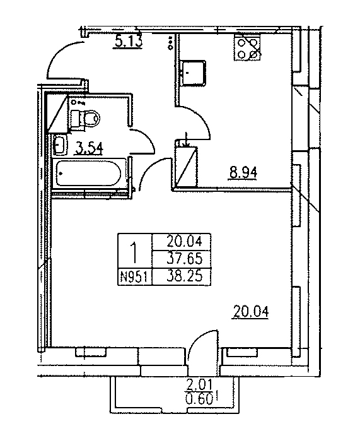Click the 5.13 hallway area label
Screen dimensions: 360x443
129,42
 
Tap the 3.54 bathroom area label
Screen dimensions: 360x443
89,148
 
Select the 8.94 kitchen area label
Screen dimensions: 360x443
243,172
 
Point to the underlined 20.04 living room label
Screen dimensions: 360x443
251,312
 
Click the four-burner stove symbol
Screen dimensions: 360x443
247,48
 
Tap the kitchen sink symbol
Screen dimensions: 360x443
194,73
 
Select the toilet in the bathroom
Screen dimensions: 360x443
84,118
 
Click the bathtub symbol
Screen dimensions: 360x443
89,173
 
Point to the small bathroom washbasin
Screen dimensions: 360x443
60,145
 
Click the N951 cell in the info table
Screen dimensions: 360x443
134,277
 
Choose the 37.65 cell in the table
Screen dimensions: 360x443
185,259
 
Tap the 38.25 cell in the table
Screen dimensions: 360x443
185,276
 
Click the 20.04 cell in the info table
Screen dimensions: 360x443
185,242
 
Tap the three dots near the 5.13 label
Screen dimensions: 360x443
170,43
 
